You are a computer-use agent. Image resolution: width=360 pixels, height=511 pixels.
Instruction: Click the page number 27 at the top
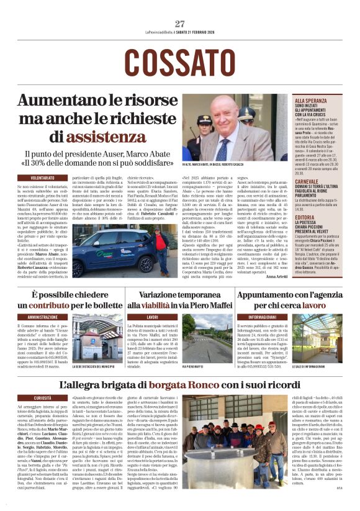(179, 24)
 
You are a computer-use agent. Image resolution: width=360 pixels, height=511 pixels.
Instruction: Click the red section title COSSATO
(179, 61)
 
